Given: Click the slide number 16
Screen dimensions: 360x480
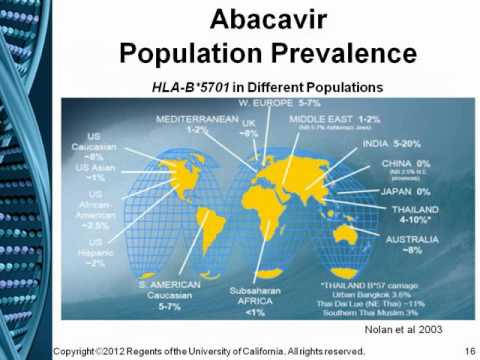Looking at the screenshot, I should [465, 350].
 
